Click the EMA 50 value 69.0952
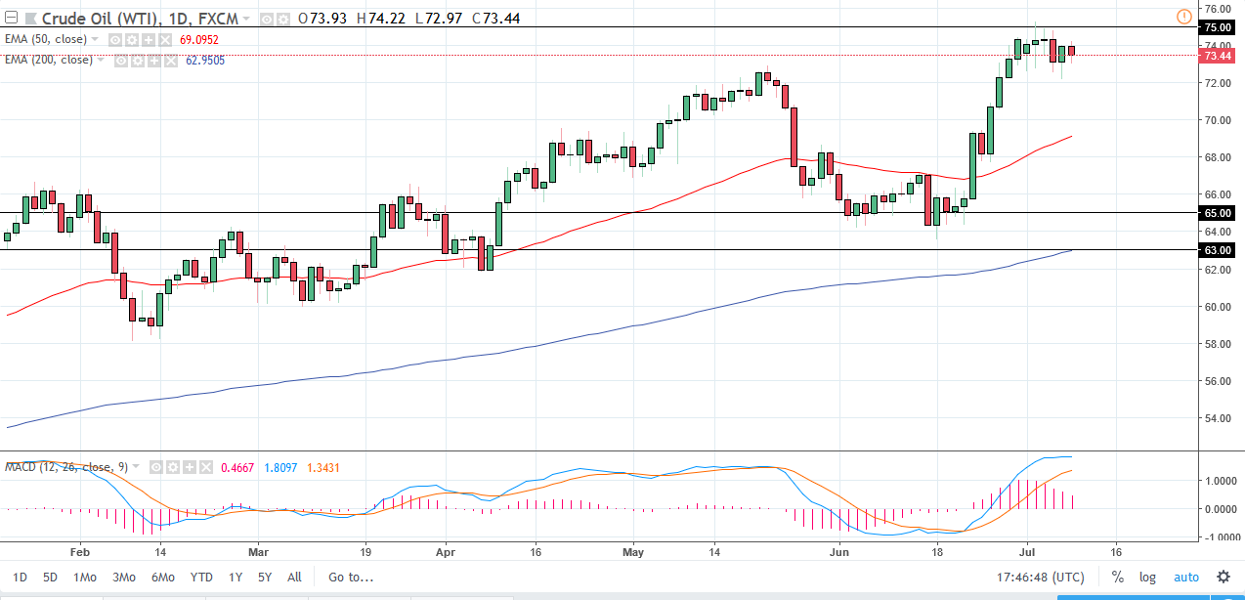(x=198, y=40)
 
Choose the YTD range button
(x=201, y=577)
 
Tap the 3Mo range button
(x=123, y=577)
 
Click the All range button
(x=294, y=577)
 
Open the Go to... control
(x=351, y=577)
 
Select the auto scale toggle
(x=1185, y=577)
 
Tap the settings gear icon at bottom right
(x=1223, y=577)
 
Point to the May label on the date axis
(x=632, y=552)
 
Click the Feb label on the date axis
(x=80, y=552)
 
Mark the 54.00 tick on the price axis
(x=1216, y=418)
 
